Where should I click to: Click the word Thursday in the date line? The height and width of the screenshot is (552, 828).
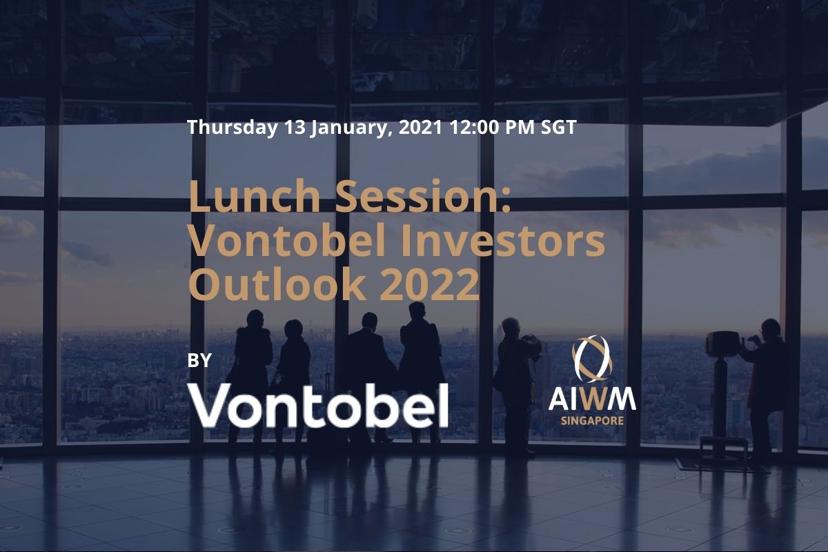tap(233, 128)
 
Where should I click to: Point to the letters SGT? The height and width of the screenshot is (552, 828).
tap(558, 127)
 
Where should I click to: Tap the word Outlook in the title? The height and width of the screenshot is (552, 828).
tap(277, 284)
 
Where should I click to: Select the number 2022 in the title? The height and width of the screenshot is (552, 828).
tap(429, 284)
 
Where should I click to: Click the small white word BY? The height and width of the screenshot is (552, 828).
tap(199, 360)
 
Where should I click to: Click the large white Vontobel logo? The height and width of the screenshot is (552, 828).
tap(318, 405)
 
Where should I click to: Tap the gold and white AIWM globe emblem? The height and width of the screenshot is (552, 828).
tap(592, 359)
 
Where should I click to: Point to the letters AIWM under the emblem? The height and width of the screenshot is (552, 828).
tap(592, 400)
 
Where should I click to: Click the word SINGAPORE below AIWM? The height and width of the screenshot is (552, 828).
tap(592, 421)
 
